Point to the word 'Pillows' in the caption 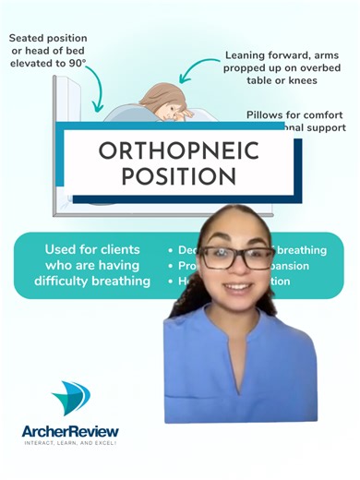point(268,116)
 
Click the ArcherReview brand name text point(70,430)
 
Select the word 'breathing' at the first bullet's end point(304,250)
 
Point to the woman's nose point(237,270)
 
